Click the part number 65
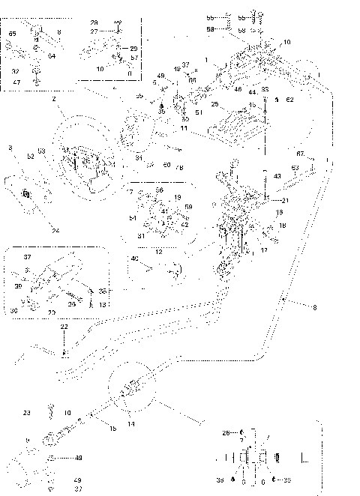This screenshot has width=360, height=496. pos(12,34)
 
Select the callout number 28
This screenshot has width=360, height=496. pos(94,23)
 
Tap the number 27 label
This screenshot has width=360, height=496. pos(94,32)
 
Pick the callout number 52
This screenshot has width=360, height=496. pos(31,157)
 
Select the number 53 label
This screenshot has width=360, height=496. pos(42,152)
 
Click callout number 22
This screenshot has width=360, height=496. pos(64,327)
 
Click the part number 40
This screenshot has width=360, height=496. pos(135,259)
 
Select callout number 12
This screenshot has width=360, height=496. pos(159,252)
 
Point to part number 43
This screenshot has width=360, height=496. pos(277,176)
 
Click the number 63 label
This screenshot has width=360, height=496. pos(295,168)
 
